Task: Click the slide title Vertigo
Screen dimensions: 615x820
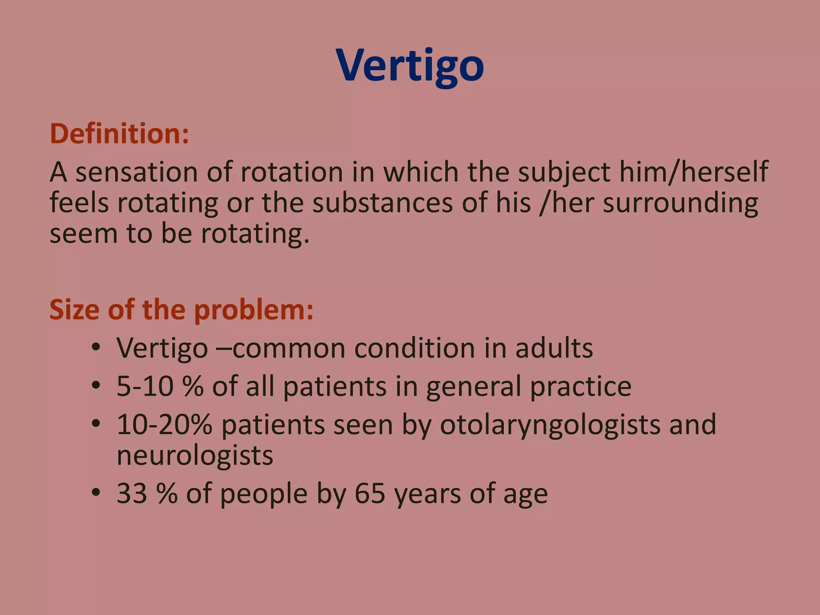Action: (410, 66)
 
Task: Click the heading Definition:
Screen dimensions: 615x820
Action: (119, 134)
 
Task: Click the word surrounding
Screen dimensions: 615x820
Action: (680, 203)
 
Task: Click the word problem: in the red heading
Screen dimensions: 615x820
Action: (254, 310)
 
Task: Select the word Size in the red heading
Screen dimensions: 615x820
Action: (74, 310)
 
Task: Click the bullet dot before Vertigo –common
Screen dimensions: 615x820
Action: (95, 348)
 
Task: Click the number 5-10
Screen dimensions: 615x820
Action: (145, 386)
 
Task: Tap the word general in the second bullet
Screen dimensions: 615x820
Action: (474, 386)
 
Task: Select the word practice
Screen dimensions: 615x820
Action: (581, 386)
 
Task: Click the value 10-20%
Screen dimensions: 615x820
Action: (164, 424)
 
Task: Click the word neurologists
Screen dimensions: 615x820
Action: (195, 455)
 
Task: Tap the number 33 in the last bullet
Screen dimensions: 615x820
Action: (132, 493)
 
